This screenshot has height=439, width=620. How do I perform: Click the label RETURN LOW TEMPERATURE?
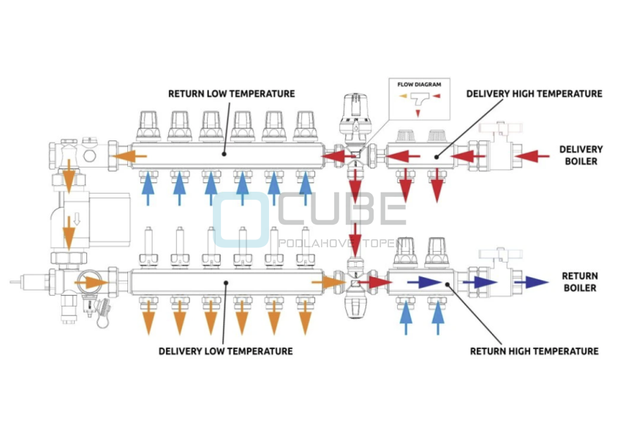[231, 94]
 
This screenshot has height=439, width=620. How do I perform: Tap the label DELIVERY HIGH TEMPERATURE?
[534, 94]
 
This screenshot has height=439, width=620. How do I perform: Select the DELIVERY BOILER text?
[581, 155]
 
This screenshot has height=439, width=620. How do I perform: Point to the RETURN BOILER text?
[579, 282]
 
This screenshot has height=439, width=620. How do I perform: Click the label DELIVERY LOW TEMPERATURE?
[225, 351]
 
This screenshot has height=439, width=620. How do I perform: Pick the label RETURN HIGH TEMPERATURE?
[534, 351]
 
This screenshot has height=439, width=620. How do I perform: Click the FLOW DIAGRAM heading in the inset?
[420, 85]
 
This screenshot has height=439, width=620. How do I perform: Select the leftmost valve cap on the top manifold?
[147, 124]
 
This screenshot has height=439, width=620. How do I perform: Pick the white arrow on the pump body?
[74, 219]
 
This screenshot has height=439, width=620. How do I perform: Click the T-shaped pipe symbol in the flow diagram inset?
[420, 100]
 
